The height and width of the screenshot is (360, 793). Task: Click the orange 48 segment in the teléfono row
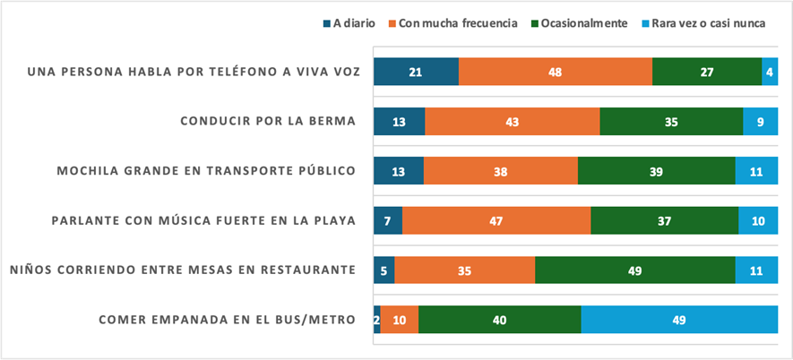pyautogui.click(x=556, y=72)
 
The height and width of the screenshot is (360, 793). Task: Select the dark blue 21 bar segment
pyautogui.click(x=416, y=72)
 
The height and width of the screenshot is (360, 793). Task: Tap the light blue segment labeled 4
pyautogui.click(x=770, y=72)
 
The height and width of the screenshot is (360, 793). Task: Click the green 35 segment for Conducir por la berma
pyautogui.click(x=671, y=121)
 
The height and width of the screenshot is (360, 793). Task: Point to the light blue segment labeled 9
pyautogui.click(x=760, y=121)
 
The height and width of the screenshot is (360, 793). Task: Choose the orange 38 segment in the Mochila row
pyautogui.click(x=501, y=170)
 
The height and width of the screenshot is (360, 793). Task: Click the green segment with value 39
pyautogui.click(x=657, y=170)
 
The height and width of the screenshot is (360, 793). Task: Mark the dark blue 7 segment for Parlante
pyautogui.click(x=388, y=219)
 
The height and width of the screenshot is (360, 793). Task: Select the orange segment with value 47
pyautogui.click(x=496, y=219)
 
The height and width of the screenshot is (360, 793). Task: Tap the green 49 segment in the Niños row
pyautogui.click(x=635, y=269)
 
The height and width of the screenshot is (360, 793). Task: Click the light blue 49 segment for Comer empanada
pyautogui.click(x=679, y=319)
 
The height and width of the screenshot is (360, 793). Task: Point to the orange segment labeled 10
pyautogui.click(x=400, y=319)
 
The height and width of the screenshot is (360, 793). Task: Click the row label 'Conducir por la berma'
pyautogui.click(x=268, y=121)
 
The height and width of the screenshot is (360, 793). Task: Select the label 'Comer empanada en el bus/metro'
pyautogui.click(x=227, y=319)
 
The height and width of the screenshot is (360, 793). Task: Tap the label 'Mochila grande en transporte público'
pyautogui.click(x=206, y=170)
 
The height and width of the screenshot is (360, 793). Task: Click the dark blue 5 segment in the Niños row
pyautogui.click(x=384, y=269)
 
